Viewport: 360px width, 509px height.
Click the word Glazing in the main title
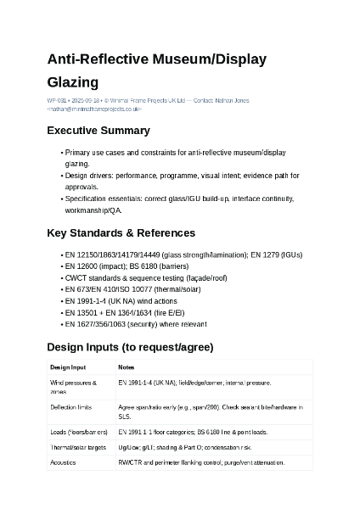click(72, 82)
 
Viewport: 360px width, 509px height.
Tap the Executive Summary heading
click(98, 131)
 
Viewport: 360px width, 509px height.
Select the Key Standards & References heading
click(121, 232)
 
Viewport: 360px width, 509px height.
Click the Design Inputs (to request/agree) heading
click(130, 347)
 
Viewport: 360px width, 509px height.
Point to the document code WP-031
click(56, 101)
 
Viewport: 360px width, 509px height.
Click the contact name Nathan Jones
click(232, 101)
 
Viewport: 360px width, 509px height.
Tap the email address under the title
click(95, 109)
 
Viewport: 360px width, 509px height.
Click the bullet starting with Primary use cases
click(174, 153)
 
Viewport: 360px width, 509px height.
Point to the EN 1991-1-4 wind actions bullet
click(121, 301)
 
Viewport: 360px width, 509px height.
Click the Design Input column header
click(68, 367)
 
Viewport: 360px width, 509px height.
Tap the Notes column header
click(127, 367)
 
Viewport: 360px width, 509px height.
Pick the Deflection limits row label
click(70, 408)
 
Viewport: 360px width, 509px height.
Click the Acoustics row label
click(63, 462)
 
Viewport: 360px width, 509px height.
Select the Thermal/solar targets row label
click(78, 447)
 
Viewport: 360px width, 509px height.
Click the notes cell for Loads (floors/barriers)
click(193, 432)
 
